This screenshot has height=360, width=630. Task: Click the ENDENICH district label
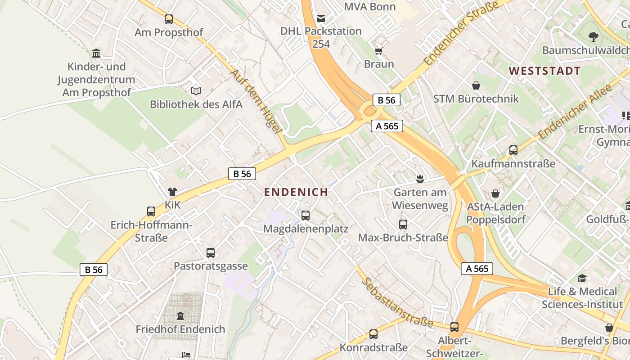point(296,192)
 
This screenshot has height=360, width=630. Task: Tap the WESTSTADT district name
point(544,71)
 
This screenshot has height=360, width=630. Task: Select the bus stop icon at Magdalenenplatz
point(306,216)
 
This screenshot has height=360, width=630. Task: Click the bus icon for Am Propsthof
point(169,19)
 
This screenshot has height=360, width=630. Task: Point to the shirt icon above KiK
point(172,192)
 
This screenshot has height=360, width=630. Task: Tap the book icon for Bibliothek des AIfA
point(196,91)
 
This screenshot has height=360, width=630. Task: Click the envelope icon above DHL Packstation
point(321,18)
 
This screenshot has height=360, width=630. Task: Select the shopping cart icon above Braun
point(379,51)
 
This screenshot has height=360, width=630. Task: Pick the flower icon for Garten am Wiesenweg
point(420,179)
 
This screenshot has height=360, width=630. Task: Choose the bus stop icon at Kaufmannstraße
point(513,150)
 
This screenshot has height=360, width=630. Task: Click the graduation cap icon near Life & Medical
point(582,278)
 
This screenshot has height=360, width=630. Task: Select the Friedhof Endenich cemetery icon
point(180,316)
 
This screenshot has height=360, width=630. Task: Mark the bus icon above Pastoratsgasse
point(211,253)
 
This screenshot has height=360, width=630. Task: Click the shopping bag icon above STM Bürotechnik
point(476,85)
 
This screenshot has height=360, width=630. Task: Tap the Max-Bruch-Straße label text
point(403,238)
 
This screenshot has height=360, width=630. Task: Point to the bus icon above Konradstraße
point(373,334)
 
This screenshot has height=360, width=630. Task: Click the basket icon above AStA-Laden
point(495,193)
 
